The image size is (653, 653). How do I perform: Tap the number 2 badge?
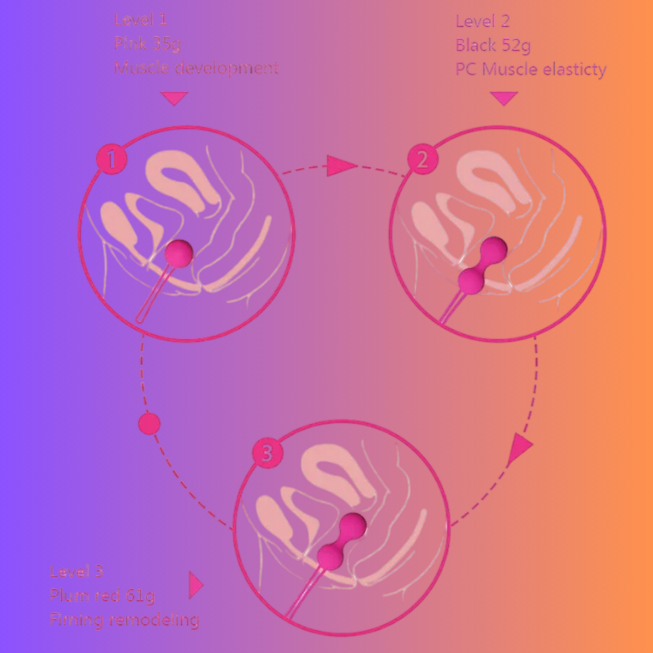[422, 160]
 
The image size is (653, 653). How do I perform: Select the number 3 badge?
[268, 453]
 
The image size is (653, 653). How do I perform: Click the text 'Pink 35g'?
[148, 44]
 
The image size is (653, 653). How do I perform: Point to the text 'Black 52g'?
[493, 45]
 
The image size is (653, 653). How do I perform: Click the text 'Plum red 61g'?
[102, 596]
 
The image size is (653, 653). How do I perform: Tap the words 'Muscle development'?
[197, 68]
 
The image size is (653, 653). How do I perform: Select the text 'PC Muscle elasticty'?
[531, 70]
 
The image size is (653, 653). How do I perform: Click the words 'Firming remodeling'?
[124, 620]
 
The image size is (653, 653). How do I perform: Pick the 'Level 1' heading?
[141, 20]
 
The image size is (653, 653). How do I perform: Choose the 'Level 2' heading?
[482, 22]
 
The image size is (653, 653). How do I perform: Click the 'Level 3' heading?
[76, 571]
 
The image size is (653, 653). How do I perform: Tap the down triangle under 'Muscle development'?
[174, 98]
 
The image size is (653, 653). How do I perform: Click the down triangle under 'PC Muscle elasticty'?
[504, 98]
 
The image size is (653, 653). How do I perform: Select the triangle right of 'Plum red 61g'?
[195, 585]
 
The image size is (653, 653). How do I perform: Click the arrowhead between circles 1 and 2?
[340, 166]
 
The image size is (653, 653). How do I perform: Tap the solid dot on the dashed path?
[149, 424]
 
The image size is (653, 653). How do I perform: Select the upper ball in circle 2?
[495, 248]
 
